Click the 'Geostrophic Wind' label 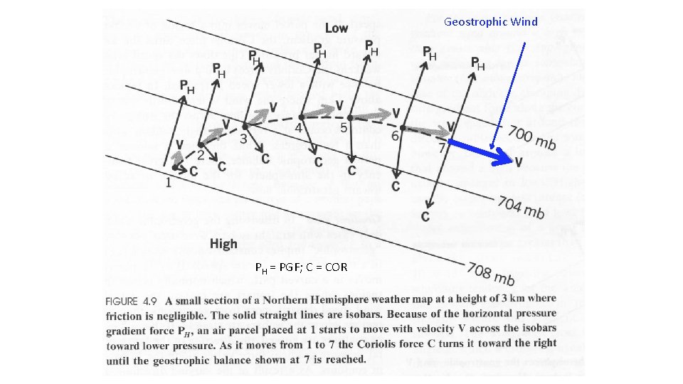pos(490,22)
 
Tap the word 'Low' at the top pos(336,28)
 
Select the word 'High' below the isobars pos(223,244)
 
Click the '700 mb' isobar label pos(531,137)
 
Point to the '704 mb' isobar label pos(521,208)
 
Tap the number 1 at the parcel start pos(168,181)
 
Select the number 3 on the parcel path pos(243,138)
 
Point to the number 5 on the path pos(344,129)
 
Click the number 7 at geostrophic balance pos(442,149)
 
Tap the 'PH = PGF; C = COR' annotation pos(301,267)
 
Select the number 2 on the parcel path pos(201,154)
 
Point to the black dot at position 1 pos(175,166)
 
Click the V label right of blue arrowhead pos(518,163)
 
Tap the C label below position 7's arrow pos(425,215)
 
